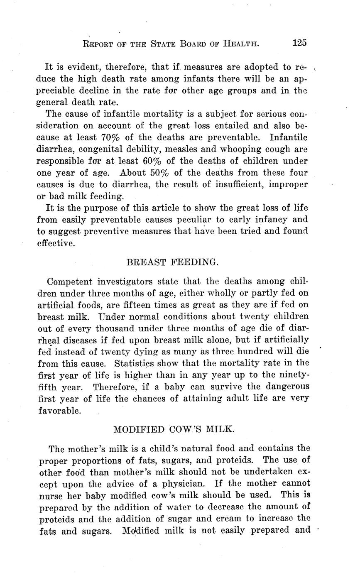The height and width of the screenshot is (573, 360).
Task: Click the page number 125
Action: (x=299, y=43)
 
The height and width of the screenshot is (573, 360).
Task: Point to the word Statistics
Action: (x=138, y=363)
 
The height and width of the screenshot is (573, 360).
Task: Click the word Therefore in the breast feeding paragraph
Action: (x=116, y=387)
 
